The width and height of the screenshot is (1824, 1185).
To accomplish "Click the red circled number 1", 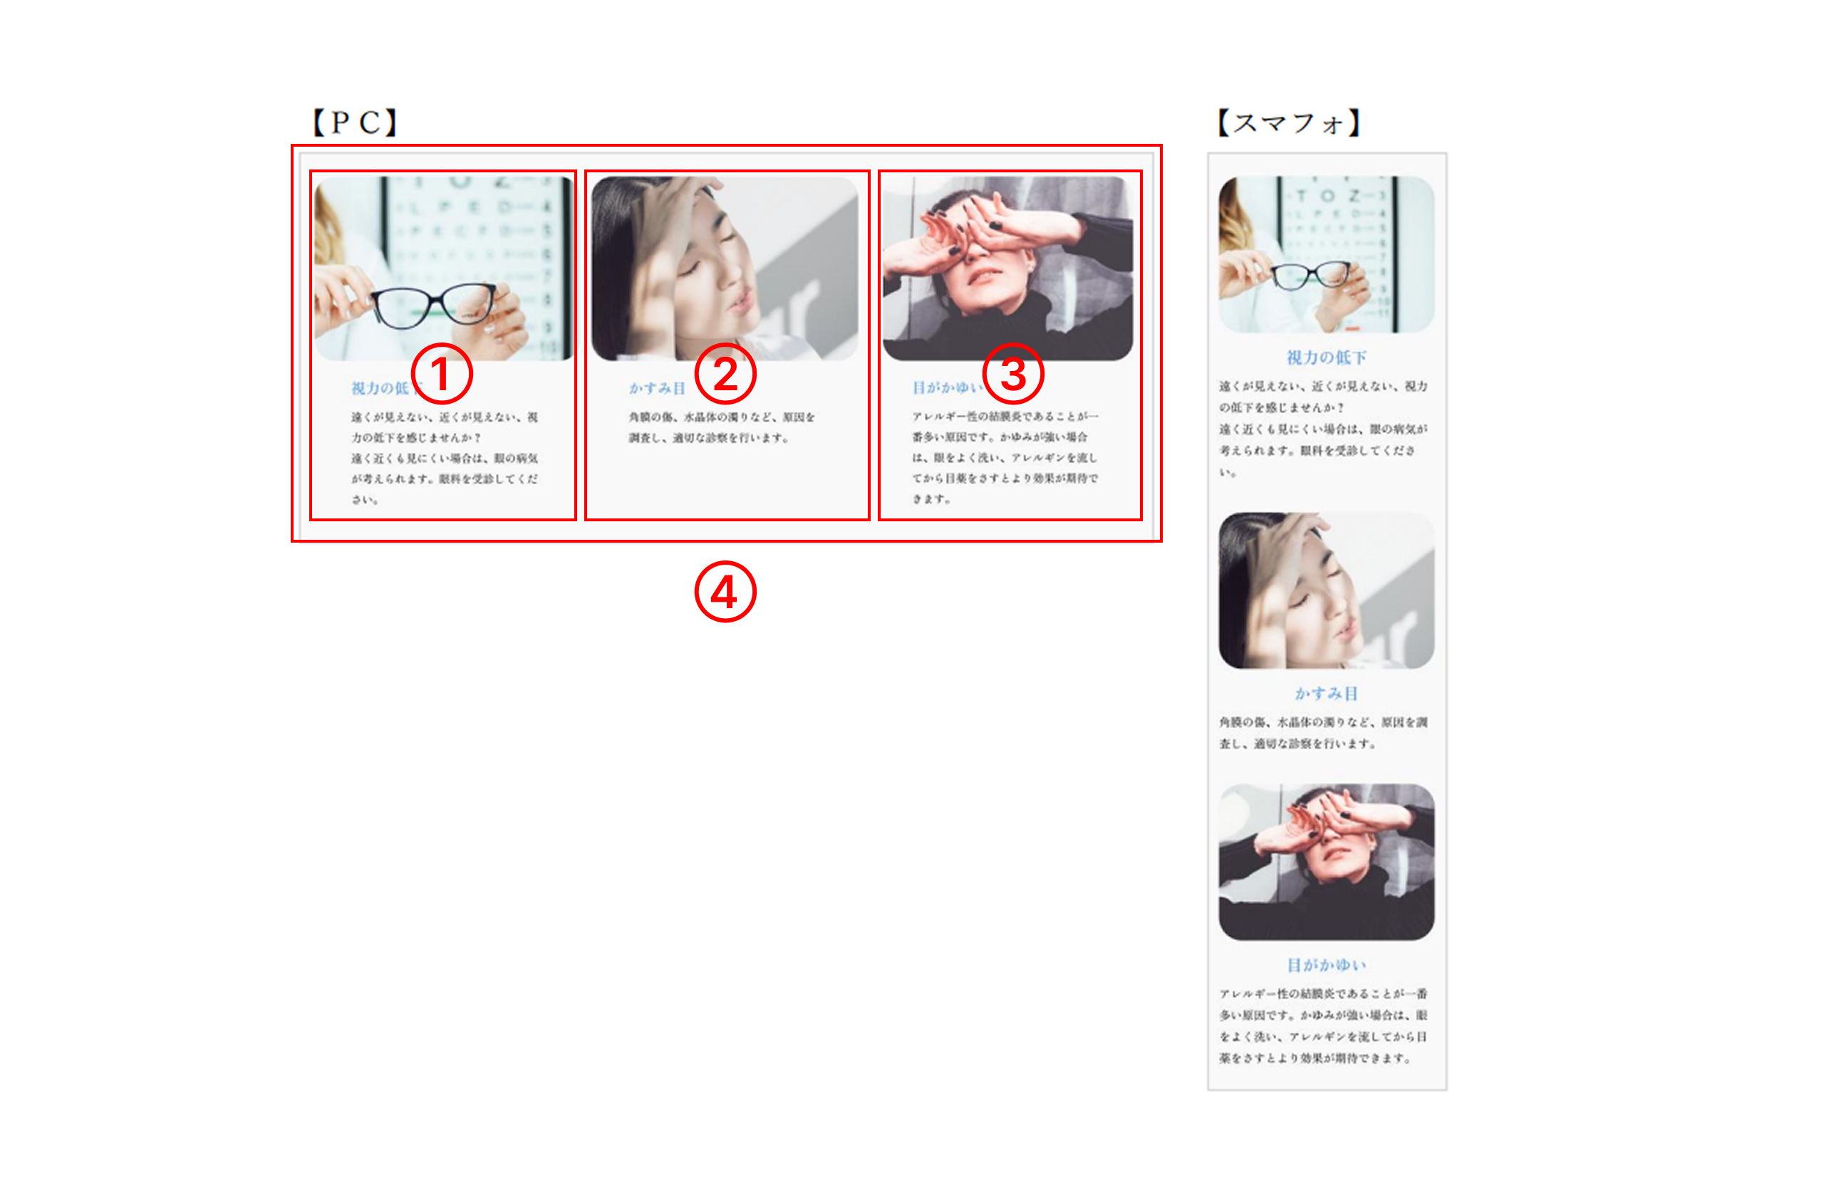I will point(442,374).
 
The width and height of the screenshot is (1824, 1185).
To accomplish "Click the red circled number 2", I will point(725,374).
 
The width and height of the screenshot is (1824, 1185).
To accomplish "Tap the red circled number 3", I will point(1013,374).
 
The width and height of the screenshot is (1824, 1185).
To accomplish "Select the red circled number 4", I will point(725,592).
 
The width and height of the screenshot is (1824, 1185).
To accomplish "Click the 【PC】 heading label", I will point(355,122).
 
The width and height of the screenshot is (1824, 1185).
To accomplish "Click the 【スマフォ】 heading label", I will point(1288,122).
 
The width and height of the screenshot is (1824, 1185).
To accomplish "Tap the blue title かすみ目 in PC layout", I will point(657,388).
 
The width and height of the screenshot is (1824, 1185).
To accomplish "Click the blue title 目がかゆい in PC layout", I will point(945,387).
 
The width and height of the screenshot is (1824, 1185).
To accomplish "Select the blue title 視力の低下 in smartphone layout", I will point(1326,357).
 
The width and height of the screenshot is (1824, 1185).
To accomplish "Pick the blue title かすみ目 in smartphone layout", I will point(1326,693).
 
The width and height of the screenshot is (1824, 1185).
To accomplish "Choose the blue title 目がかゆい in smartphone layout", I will point(1326,964).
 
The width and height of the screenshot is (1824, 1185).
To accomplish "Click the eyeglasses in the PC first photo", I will point(434,304).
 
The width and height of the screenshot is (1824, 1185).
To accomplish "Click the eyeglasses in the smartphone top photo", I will point(1311,274).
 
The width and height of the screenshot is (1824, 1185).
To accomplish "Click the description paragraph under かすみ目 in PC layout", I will point(721,427).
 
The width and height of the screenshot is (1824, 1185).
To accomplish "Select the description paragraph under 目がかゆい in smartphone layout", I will point(1324,1025).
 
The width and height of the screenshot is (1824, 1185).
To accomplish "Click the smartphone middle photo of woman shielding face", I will point(1326,590).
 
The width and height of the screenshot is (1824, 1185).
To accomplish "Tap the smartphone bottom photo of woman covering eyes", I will point(1326,862).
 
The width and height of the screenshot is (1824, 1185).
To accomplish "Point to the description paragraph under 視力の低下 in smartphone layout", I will point(1324,428).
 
